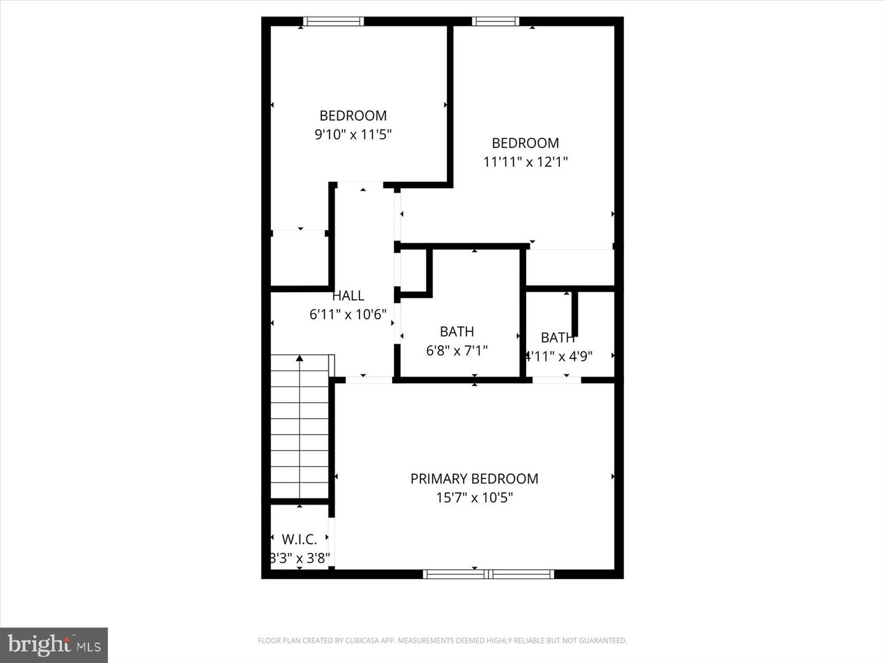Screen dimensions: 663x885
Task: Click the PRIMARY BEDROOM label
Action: [474, 479]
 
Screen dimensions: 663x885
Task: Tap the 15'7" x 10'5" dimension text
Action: [474, 497]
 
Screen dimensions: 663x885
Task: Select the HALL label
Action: [348, 296]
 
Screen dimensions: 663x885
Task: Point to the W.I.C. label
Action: [299, 540]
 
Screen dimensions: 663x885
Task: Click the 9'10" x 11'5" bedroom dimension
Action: [353, 134]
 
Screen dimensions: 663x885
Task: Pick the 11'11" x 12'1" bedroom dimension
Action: [525, 162]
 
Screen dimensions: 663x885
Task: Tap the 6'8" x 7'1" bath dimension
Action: [457, 351]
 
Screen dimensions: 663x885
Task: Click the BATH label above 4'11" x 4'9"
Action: [557, 338]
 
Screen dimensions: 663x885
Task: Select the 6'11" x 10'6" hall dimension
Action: [348, 314]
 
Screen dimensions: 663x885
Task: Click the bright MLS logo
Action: [54, 645]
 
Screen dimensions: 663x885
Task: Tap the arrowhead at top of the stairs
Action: [299, 358]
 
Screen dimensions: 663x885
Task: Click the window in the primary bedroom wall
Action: [489, 575]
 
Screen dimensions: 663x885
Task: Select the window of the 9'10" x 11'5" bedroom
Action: [334, 21]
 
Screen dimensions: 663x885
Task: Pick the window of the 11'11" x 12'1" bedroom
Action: [495, 21]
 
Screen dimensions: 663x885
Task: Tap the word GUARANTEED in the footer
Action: [604, 641]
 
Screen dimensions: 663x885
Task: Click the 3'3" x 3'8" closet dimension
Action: [301, 559]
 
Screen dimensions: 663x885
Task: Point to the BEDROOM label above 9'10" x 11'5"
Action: [353, 116]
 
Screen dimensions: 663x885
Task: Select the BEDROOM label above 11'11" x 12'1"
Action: [525, 144]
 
